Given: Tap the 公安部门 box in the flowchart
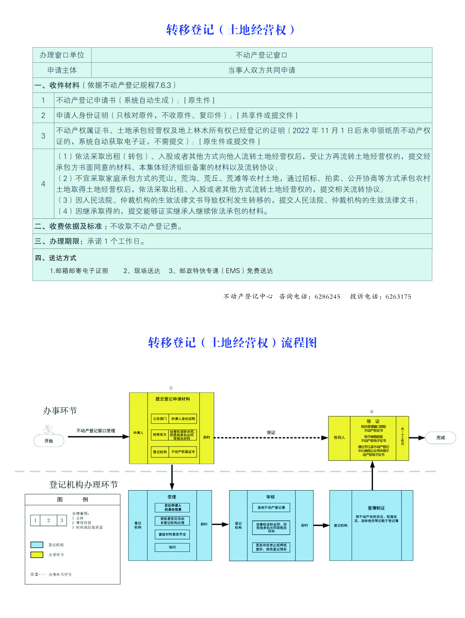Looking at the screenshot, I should click(x=160, y=418).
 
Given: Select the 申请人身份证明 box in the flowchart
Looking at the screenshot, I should click(x=183, y=418).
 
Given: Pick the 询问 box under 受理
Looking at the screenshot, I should click(x=172, y=547).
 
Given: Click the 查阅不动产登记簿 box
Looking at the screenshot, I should click(x=271, y=507).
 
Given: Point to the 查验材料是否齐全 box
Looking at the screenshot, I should click(x=172, y=534).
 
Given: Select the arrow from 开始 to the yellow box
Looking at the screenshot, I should click(x=98, y=436).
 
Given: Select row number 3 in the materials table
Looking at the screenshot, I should click(x=43, y=136).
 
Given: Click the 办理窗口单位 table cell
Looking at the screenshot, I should click(x=62, y=55).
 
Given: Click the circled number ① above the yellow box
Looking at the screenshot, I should click(x=171, y=388).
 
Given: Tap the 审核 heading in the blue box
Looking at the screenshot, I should click(x=270, y=497).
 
